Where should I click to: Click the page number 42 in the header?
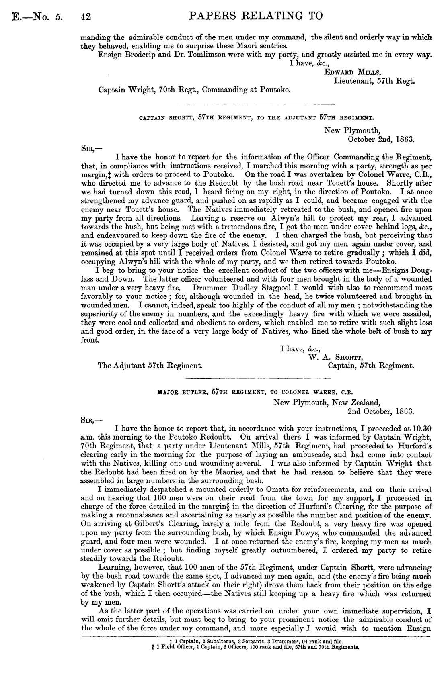click(86, 16)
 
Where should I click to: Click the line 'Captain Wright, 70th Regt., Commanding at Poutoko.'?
click(194, 90)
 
